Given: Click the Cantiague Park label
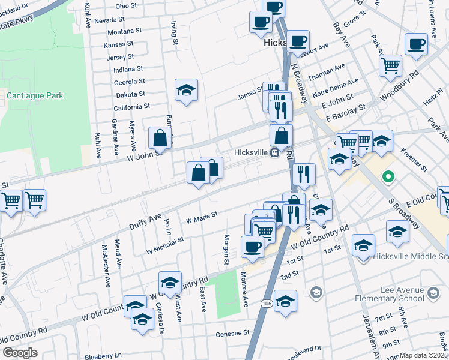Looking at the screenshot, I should pyautogui.click(x=35, y=95).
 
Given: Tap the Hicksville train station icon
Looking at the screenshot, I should pyautogui.click(x=274, y=152).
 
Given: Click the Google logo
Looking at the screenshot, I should pyautogui.click(x=20, y=353).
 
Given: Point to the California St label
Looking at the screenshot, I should pyautogui.click(x=131, y=106).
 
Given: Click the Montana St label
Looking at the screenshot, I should pyautogui.click(x=125, y=30).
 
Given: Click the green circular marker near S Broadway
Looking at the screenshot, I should pyautogui.click(x=388, y=177).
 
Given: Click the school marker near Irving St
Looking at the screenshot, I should pyautogui.click(x=186, y=90).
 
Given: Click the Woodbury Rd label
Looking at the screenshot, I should pyautogui.click(x=405, y=84).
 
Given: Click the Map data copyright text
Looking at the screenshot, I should pyautogui.click(x=424, y=355).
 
